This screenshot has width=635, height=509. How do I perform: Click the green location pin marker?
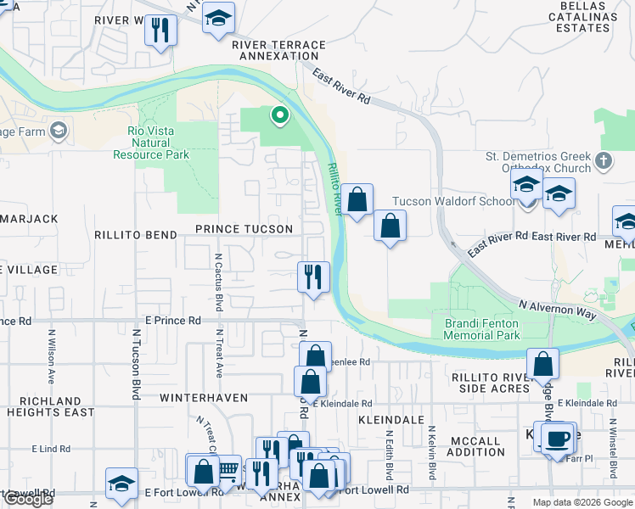coord(278,115)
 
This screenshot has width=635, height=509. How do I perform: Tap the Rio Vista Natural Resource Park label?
coord(152,143)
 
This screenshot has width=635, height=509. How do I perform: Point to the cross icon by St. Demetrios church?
coord(604,159)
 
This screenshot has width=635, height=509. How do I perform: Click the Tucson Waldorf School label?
coord(452,202)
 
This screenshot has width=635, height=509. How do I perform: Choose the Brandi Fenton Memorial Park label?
coord(482,329)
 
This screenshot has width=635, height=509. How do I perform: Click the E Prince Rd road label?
coord(172,322)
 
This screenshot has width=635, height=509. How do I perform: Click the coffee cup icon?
coord(557,439)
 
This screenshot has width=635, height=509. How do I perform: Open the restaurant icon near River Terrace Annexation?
coord(159,30)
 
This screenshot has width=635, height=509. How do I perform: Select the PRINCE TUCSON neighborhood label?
coord(244,229)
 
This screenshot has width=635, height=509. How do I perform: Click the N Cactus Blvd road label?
coord(218,281)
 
